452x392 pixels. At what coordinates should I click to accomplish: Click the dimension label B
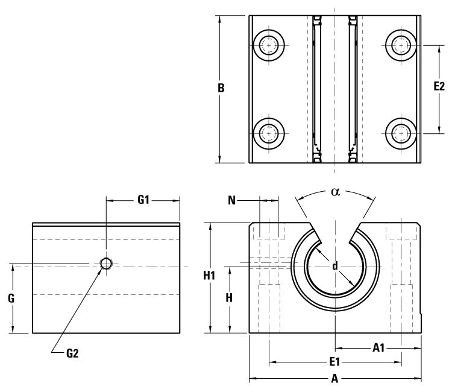click(221, 88)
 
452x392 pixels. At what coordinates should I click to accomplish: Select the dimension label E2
click(440, 87)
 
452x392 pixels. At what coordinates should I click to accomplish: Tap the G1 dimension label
click(143, 200)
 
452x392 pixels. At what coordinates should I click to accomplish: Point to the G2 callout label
click(72, 353)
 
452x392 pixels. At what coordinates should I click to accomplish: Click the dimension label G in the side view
click(11, 297)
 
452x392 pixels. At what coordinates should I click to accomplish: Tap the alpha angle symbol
click(336, 192)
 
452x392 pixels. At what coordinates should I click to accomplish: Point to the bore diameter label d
click(334, 266)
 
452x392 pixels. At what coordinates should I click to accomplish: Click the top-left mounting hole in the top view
click(269, 45)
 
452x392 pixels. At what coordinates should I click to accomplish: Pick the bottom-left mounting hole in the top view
click(269, 133)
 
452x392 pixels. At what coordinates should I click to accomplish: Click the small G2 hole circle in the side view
click(106, 264)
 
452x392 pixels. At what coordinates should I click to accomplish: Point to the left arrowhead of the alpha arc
click(296, 198)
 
